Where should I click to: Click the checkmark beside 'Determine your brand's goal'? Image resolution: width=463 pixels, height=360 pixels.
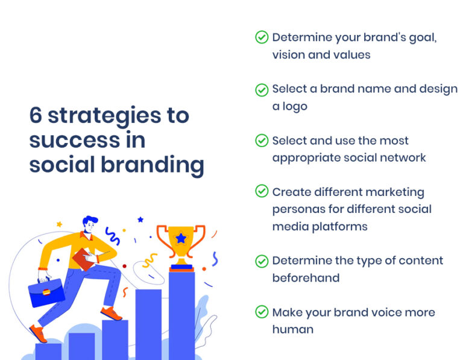click(x=262, y=37)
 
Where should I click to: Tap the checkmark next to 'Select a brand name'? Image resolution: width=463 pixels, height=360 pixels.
click(x=262, y=90)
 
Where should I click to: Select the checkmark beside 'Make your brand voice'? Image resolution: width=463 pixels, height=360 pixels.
click(x=262, y=312)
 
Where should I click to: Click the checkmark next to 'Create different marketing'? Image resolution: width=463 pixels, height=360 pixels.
click(x=262, y=191)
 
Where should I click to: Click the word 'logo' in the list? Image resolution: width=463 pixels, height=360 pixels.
click(x=294, y=106)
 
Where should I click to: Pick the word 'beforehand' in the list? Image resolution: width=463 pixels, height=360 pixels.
click(x=306, y=278)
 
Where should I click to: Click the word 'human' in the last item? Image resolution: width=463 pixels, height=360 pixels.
click(x=292, y=329)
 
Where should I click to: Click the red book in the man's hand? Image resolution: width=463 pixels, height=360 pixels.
click(x=82, y=260)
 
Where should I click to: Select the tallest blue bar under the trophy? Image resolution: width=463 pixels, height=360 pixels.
click(x=181, y=314)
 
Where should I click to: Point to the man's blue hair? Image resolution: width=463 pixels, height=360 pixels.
click(x=90, y=221)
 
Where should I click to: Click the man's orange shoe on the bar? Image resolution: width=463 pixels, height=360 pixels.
click(x=111, y=314)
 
